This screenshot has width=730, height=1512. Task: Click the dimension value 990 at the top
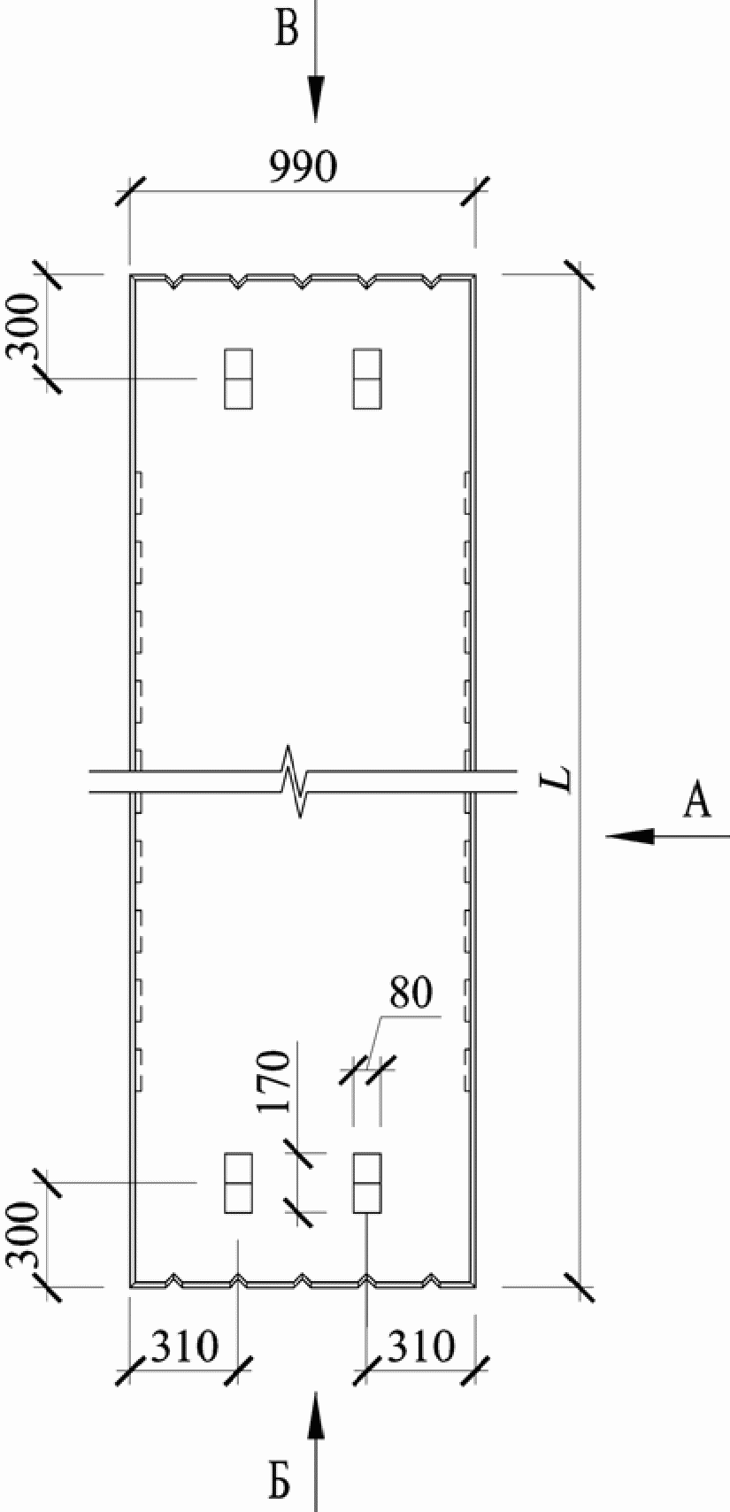tap(303, 166)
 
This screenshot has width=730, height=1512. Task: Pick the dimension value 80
tap(411, 994)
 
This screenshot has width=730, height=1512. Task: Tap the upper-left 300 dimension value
tap(24, 327)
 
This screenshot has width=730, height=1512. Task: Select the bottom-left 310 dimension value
tap(184, 1347)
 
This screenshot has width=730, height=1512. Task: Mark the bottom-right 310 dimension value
tap(421, 1347)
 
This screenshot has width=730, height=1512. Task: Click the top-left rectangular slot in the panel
tap(238, 379)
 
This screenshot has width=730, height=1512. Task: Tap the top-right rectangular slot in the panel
tap(367, 379)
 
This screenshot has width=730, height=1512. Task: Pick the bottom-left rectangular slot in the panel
tap(238, 1183)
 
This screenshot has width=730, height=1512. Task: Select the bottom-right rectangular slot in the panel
tap(367, 1183)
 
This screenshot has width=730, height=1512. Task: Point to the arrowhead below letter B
tap(316, 97)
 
